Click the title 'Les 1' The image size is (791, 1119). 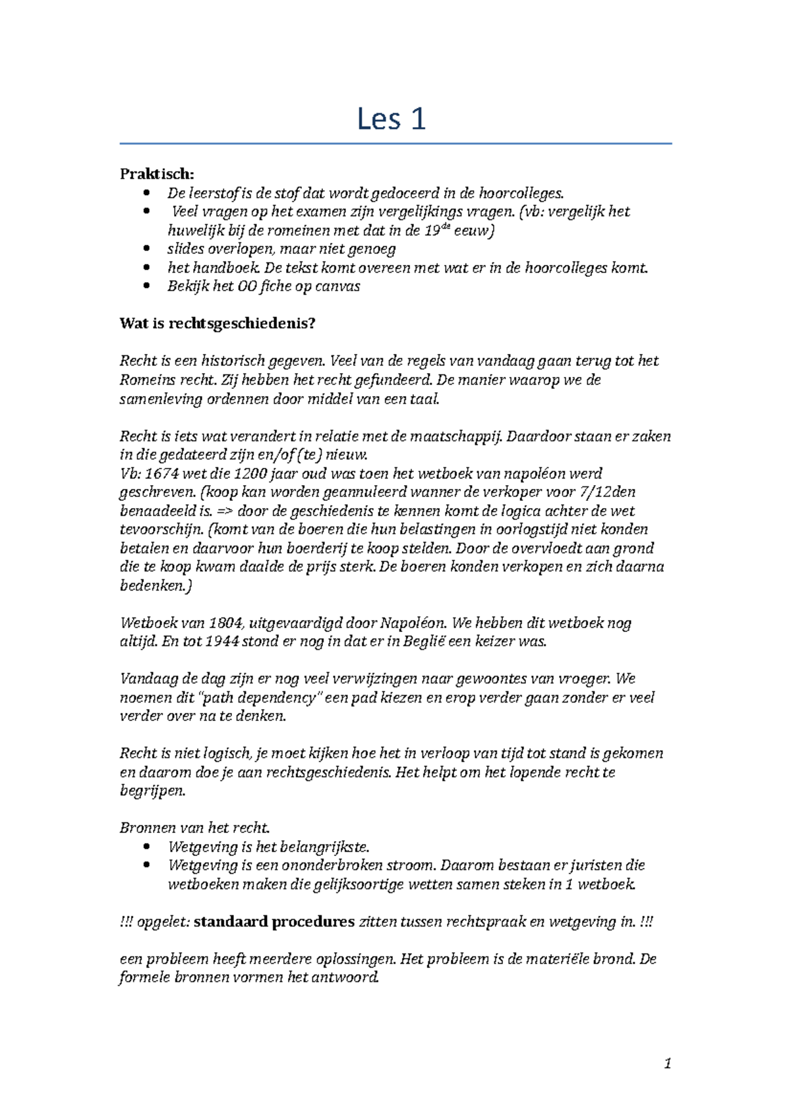coord(391,119)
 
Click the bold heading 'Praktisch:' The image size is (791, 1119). coord(157,174)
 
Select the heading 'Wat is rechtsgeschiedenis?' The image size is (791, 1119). coord(218,324)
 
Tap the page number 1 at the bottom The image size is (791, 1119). coord(668,1063)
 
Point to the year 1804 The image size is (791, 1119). coord(225,623)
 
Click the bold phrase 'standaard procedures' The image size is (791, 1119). coord(274,922)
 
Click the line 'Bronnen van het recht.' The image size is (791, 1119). coord(194,828)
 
